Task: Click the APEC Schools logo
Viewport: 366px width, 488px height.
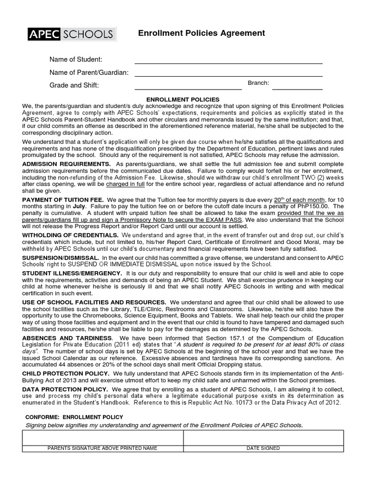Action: coord(70,34)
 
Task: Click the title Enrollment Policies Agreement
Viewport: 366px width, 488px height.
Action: coord(201,33)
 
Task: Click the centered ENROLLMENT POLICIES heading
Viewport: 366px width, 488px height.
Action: coord(183,99)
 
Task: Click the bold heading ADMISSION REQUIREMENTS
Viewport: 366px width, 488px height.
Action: coord(66,164)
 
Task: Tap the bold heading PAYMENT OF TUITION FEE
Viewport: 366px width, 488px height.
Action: coord(63,200)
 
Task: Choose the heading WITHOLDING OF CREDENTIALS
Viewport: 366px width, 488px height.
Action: coord(71,236)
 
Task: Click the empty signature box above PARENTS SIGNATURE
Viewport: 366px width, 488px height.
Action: coord(102,437)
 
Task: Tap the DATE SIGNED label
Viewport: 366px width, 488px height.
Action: coord(263,448)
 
